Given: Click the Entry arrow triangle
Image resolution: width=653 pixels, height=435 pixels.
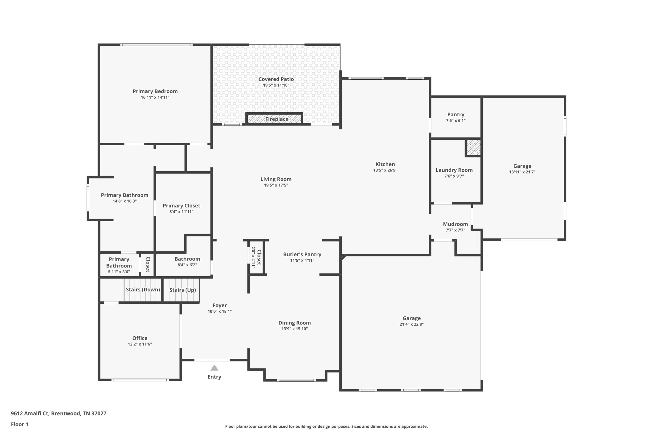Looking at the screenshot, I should [x=214, y=368].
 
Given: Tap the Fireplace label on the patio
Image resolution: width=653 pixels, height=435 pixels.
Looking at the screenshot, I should [x=277, y=119].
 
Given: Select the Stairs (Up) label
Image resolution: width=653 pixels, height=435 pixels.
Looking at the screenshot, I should [x=182, y=290].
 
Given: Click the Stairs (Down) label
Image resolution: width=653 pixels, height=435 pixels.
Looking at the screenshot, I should [x=143, y=290].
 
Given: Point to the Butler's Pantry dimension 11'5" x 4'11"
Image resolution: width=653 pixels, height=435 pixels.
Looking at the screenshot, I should [x=302, y=261].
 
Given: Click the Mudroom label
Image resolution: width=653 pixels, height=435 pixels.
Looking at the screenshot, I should [x=455, y=224].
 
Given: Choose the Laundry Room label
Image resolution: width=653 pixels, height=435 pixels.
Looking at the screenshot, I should [x=454, y=170].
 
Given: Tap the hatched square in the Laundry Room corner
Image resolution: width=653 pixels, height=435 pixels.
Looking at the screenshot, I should [x=473, y=147].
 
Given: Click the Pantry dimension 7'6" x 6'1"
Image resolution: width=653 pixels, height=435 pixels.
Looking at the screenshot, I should [x=456, y=121].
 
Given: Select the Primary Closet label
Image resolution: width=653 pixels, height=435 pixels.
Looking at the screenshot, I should [x=181, y=206].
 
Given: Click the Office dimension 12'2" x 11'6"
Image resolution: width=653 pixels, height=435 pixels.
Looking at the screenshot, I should [x=140, y=344].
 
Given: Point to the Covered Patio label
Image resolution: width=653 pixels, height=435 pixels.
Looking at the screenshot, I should [x=276, y=79].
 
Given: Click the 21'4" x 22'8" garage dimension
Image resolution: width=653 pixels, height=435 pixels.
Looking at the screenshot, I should [x=411, y=324].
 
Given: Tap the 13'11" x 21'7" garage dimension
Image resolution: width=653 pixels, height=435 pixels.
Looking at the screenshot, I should [x=522, y=172].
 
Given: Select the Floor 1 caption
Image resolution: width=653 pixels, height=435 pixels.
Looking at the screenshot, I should [x=19, y=424].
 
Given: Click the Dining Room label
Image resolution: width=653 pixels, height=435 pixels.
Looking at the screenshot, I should [x=294, y=323].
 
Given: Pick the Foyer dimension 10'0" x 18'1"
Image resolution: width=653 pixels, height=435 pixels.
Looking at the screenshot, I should [x=219, y=312].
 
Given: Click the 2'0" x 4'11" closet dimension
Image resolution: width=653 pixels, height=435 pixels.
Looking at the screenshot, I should [x=253, y=257].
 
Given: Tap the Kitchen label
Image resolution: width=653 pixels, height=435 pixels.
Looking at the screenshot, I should [x=385, y=164].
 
